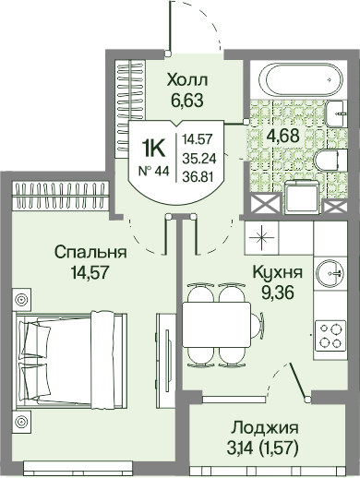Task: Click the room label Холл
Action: pos(187,80)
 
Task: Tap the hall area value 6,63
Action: pos(187,100)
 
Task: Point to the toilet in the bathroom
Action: pos(331,161)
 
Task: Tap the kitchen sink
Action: pos(330,273)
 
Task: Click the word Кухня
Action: pos(278,272)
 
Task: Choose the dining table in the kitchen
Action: pos(217,325)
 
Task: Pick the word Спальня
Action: pos(90,253)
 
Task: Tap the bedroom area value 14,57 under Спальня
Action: pos(90,272)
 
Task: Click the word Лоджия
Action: pos(265,428)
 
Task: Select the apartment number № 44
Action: pos(154,171)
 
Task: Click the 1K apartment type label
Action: pos(153,149)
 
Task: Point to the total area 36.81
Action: pos(198,176)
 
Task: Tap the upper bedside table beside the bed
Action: pos(21,299)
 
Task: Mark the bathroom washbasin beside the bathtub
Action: pos(337,114)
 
